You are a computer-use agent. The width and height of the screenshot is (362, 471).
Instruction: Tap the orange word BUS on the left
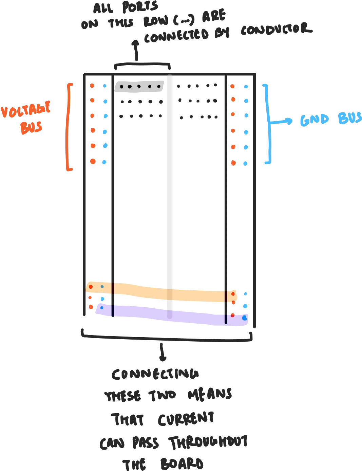click(x=32, y=127)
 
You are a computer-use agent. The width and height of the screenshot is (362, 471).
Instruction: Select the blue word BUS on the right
click(x=349, y=119)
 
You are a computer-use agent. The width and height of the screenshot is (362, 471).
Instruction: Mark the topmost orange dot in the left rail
click(x=92, y=86)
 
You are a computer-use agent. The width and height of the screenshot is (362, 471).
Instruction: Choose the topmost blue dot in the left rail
click(x=106, y=86)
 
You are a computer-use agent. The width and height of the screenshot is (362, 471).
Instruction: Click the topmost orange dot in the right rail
click(x=232, y=87)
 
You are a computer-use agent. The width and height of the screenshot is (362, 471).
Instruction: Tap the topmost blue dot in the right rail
click(x=246, y=87)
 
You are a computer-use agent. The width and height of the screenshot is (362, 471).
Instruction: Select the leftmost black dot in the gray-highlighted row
click(x=121, y=87)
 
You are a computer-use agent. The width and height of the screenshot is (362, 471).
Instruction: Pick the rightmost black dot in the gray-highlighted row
click(x=159, y=87)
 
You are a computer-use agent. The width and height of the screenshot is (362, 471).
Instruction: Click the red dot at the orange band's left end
click(x=91, y=287)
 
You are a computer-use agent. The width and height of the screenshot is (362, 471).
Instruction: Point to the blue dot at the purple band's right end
click(x=244, y=318)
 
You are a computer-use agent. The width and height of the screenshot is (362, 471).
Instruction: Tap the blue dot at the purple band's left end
click(x=102, y=308)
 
